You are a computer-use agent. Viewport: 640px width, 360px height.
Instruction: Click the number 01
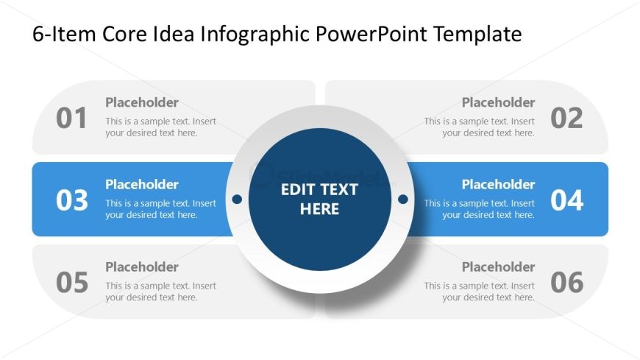click(x=71, y=118)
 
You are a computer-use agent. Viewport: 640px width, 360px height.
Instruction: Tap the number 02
click(x=566, y=118)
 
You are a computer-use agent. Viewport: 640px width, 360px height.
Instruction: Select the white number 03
click(x=72, y=200)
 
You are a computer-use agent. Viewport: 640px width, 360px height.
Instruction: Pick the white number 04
click(x=567, y=200)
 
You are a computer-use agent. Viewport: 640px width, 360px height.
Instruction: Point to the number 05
click(x=72, y=283)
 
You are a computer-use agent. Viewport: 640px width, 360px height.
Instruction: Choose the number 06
click(x=567, y=283)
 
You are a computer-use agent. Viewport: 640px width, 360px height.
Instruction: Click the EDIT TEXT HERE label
click(x=319, y=199)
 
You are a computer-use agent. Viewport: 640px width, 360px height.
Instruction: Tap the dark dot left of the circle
click(x=237, y=199)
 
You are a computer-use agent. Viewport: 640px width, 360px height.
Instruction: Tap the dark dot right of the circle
click(x=403, y=199)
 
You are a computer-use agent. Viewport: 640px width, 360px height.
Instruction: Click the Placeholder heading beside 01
click(x=142, y=102)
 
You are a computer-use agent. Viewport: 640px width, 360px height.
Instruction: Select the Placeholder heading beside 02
click(x=498, y=102)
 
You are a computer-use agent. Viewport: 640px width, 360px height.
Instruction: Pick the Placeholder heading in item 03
click(x=142, y=184)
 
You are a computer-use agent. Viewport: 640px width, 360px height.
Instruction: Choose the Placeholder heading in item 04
click(x=498, y=184)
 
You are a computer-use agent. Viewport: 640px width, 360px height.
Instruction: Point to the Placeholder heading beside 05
click(x=142, y=267)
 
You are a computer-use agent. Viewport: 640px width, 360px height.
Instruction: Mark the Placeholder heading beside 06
click(x=498, y=267)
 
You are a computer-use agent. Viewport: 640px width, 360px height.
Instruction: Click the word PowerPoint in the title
click(x=371, y=34)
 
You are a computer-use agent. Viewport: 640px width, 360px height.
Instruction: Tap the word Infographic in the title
click(x=255, y=35)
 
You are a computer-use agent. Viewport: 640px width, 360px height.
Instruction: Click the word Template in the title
click(x=477, y=35)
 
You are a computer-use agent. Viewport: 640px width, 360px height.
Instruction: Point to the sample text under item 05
click(x=161, y=292)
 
